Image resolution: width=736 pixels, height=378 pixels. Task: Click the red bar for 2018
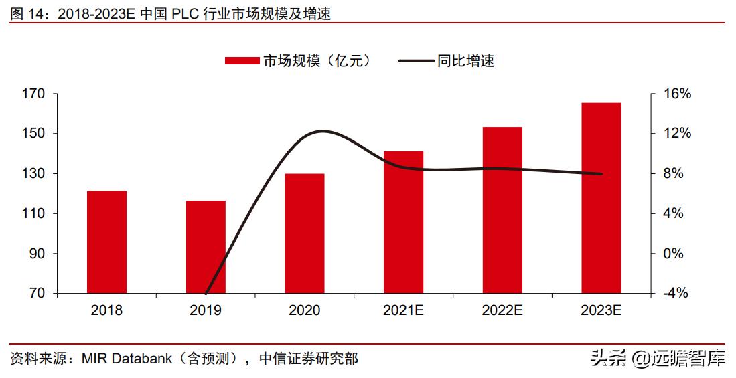tap(106, 242)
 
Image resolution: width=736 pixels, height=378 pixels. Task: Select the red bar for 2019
tap(206, 247)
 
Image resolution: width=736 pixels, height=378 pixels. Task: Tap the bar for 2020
tap(305, 233)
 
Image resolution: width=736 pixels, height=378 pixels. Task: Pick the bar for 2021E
tap(403, 222)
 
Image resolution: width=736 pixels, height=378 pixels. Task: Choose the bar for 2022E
tap(502, 210)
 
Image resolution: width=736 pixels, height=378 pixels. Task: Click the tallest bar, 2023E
tap(601, 198)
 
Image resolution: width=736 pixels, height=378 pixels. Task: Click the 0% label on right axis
tap(674, 254)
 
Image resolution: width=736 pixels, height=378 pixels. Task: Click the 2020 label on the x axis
tap(305, 311)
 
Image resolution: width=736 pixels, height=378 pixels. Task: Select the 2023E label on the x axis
tap(601, 311)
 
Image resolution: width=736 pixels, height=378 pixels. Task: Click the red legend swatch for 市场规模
tap(242, 61)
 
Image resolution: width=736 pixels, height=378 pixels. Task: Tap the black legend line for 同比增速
tap(415, 61)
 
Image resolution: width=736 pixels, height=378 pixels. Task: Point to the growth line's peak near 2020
tap(322, 131)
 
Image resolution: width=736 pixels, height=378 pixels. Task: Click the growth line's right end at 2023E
tap(601, 174)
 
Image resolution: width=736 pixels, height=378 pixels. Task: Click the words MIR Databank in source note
tap(124, 359)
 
